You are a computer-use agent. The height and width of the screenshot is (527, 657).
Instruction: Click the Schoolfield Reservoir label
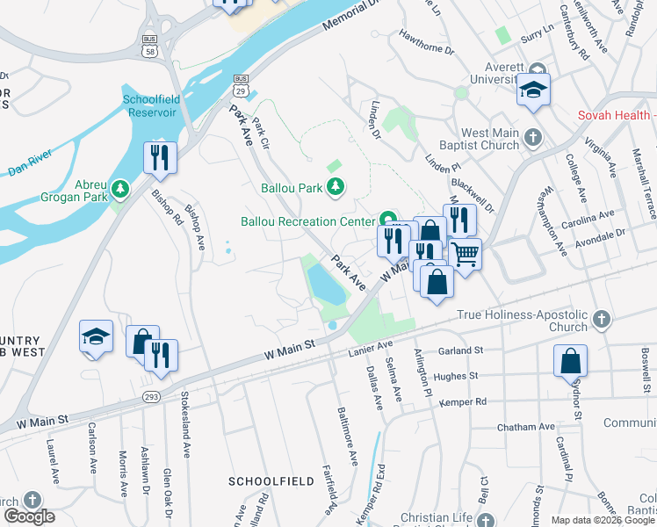tap(149, 105)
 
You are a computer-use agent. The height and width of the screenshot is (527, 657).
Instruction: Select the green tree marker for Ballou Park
tap(335, 186)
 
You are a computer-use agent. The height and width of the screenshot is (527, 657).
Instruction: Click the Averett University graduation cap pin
tap(533, 90)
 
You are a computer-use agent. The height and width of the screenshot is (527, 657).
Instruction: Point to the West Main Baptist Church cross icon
tap(535, 139)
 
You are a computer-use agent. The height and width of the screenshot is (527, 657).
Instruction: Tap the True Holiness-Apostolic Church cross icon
tap(601, 320)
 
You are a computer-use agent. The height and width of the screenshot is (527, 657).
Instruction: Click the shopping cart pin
tap(466, 255)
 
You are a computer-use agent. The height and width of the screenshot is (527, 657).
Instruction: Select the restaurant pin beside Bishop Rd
tap(161, 158)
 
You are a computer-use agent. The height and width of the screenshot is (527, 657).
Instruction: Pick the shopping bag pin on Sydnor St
tap(570, 360)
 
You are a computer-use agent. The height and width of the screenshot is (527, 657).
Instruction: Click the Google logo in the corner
tap(30, 516)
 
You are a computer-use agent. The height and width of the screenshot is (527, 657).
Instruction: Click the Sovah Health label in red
tap(614, 116)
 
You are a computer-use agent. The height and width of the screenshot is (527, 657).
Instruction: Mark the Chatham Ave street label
tap(526, 427)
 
